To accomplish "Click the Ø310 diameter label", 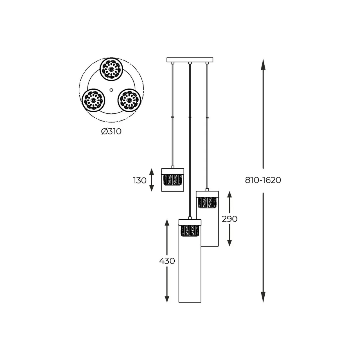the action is pos(111,132).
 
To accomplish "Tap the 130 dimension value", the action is pos(139,181).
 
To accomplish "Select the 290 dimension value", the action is pos(229,219).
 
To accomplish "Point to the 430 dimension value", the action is pos(167,261).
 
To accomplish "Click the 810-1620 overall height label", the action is pos(263,180).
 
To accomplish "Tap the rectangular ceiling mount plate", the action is pos(190,60).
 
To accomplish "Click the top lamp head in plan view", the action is pos(112,69).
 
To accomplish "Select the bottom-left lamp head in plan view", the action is pos(93,100).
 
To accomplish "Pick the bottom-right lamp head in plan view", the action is pos(129,100).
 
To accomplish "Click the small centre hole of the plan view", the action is pos(111,90).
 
